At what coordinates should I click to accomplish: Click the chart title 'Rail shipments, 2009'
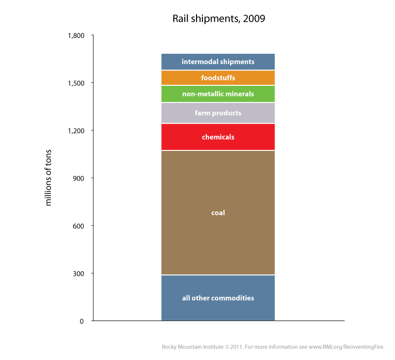point(219,19)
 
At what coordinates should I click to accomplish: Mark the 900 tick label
point(79,178)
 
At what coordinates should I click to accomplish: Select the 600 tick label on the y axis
point(79,226)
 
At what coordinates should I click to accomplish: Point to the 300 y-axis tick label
point(79,274)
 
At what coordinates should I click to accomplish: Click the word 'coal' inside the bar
point(218,213)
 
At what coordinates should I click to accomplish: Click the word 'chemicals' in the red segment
point(218,137)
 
